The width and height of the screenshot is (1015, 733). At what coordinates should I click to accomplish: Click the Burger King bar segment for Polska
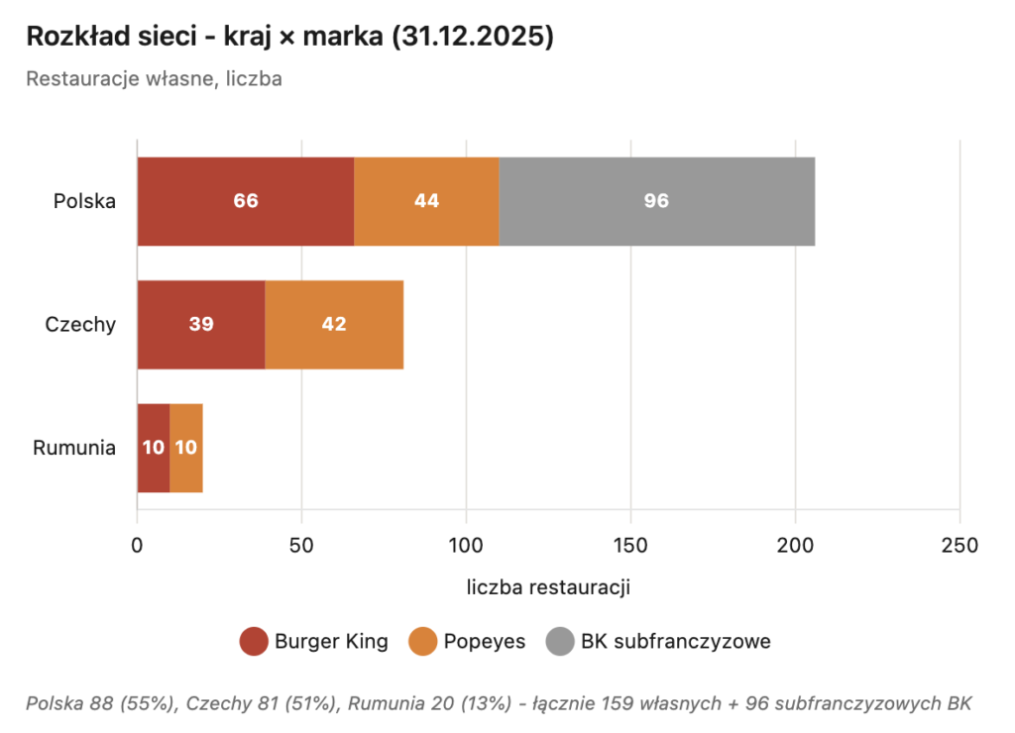pos(245,201)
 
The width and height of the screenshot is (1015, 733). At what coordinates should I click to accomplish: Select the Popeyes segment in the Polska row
pos(426,201)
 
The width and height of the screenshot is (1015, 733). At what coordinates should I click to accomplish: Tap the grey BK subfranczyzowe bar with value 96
pos(656,201)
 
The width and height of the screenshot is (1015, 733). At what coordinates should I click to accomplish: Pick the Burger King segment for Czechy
pos(201,324)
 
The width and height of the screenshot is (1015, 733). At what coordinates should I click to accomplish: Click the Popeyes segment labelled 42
pos(334,324)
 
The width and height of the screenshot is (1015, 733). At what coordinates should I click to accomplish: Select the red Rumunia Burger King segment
pos(154,448)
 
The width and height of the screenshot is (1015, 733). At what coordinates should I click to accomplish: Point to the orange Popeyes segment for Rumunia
pos(186,448)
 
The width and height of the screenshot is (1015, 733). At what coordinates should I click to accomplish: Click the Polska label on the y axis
pos(84,201)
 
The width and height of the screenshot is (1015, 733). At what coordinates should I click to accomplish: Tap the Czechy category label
pos(80,324)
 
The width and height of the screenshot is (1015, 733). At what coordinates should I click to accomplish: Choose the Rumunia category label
pos(74,448)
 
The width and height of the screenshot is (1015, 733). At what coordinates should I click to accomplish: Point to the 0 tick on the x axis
pos(137,546)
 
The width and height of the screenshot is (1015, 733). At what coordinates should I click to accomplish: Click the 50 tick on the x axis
pos(301,546)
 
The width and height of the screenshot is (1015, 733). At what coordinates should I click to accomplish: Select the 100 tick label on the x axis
pos(466,546)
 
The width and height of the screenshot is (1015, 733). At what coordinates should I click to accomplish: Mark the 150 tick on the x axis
pos(630,546)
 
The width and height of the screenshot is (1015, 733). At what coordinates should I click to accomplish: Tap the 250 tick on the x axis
pos(959,546)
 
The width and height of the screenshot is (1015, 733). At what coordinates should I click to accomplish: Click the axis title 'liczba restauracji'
pos(548,587)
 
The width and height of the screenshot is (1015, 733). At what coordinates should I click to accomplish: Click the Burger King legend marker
pos(255,642)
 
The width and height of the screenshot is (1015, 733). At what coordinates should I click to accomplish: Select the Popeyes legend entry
pos(466,642)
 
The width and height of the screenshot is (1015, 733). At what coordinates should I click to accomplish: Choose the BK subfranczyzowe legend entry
pos(658,642)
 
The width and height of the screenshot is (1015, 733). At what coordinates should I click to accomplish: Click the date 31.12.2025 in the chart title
pos(472,37)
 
